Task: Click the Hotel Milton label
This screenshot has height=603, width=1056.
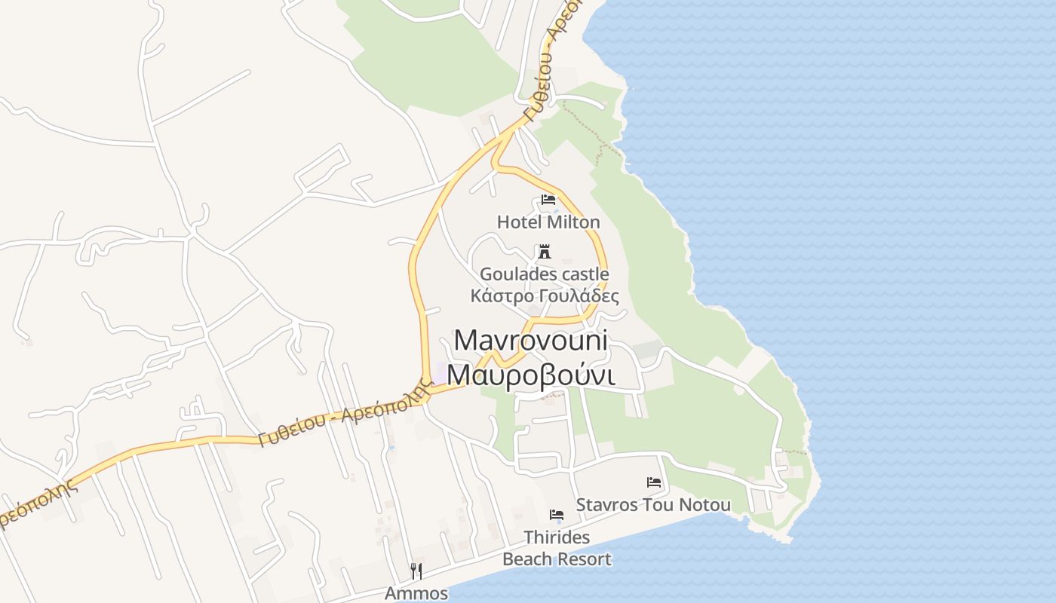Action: (x=548, y=222)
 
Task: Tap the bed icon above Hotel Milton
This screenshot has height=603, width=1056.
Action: (x=548, y=200)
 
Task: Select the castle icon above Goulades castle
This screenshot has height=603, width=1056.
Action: (x=544, y=252)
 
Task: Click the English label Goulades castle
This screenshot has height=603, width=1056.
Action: (x=545, y=274)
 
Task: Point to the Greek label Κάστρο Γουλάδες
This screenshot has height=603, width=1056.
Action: (x=545, y=295)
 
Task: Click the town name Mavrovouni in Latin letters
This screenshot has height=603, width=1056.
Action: (x=530, y=340)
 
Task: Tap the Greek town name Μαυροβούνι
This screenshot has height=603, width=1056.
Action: (x=530, y=375)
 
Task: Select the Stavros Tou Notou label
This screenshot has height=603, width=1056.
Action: (x=653, y=504)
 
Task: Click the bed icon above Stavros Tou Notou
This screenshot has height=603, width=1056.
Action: (x=654, y=482)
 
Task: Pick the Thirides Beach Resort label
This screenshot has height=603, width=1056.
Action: (x=557, y=549)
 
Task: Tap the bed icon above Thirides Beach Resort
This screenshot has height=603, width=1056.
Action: (x=557, y=516)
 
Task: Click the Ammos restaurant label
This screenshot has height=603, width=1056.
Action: (x=416, y=593)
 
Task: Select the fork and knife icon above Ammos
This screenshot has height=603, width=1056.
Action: (x=416, y=571)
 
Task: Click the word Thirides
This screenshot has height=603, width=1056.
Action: (x=557, y=538)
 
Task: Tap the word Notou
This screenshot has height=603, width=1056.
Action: (x=705, y=504)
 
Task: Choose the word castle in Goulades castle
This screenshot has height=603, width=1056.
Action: (x=585, y=274)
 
